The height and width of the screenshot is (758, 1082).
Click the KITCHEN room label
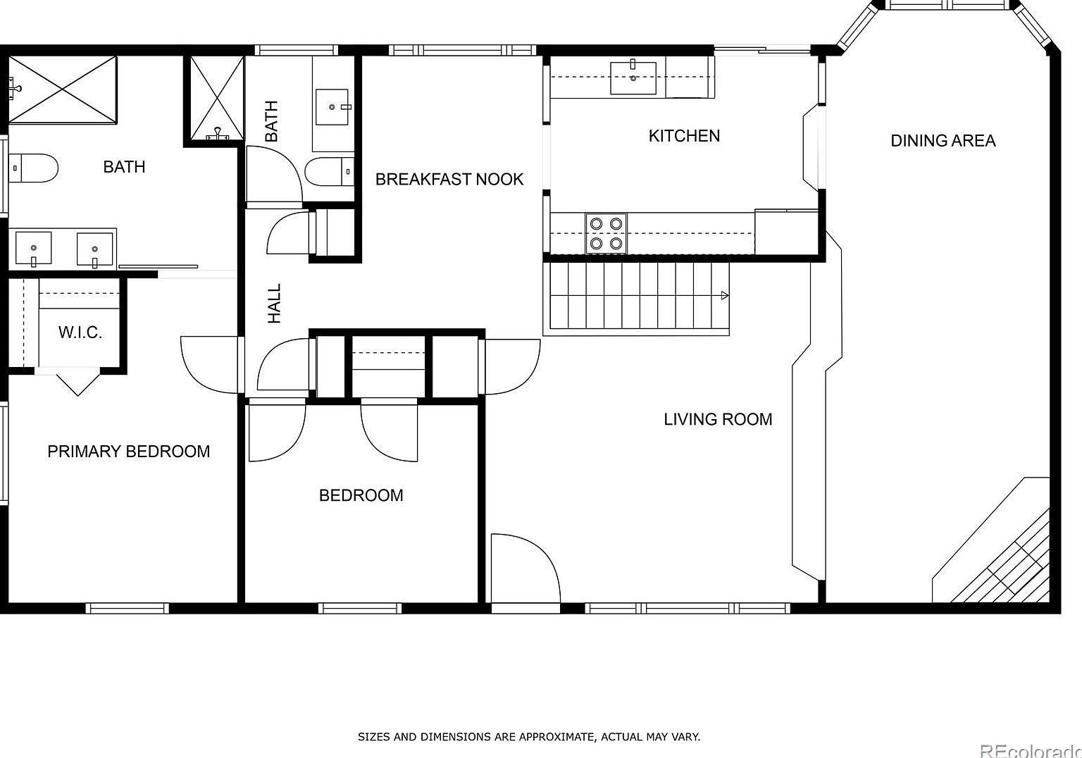[684, 136]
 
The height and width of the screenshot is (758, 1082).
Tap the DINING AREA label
[943, 141]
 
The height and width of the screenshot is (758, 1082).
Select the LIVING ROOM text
[718, 420]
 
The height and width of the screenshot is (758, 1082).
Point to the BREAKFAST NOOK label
[449, 180]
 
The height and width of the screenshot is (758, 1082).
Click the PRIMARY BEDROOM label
[128, 452]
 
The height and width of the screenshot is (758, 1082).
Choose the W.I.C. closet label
[80, 333]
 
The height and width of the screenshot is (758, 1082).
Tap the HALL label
[274, 304]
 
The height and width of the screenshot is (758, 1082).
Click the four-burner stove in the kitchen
[606, 233]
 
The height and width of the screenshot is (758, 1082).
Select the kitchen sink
[633, 77]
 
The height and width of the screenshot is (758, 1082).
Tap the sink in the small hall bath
[331, 107]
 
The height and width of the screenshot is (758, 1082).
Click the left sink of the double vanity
[33, 249]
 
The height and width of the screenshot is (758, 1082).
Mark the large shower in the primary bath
[62, 90]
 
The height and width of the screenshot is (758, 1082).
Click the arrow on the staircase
[723, 296]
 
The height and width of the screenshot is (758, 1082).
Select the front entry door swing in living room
[523, 568]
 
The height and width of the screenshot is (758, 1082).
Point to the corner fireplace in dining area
[1000, 557]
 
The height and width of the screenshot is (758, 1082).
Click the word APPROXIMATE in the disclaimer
[555, 737]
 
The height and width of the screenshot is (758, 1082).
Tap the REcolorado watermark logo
[1030, 751]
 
